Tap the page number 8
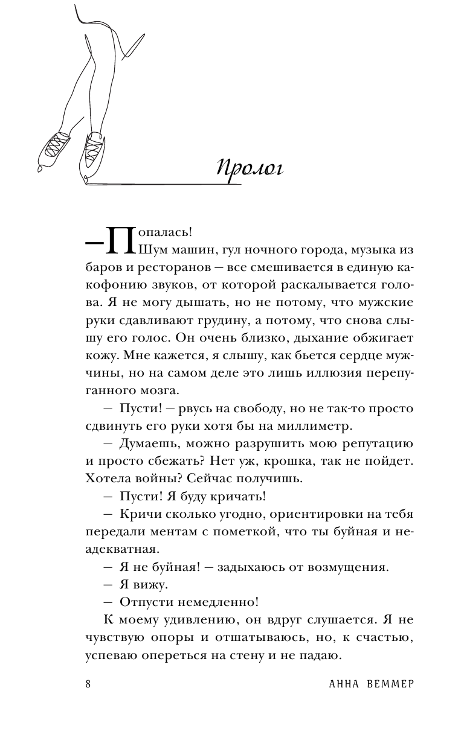pyautogui.click(x=88, y=683)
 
